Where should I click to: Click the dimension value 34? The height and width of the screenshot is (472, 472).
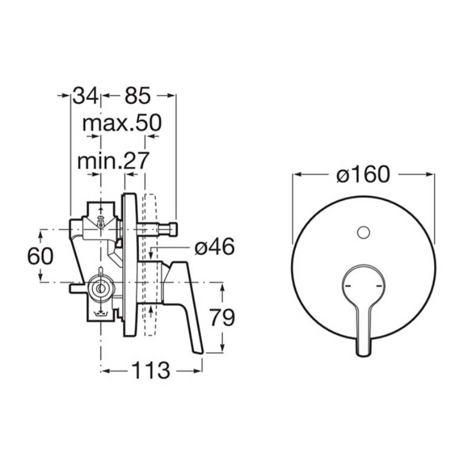click(86, 96)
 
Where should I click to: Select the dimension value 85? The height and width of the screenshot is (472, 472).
click(137, 96)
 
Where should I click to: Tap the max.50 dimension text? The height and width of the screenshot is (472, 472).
click(122, 123)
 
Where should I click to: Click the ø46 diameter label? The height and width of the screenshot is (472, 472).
click(214, 247)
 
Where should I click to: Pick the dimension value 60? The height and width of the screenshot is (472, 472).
click(40, 257)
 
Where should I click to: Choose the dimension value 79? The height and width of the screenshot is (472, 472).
click(222, 317)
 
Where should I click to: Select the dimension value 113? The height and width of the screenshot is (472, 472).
click(151, 371)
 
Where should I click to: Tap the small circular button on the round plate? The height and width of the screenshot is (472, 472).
click(363, 232)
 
